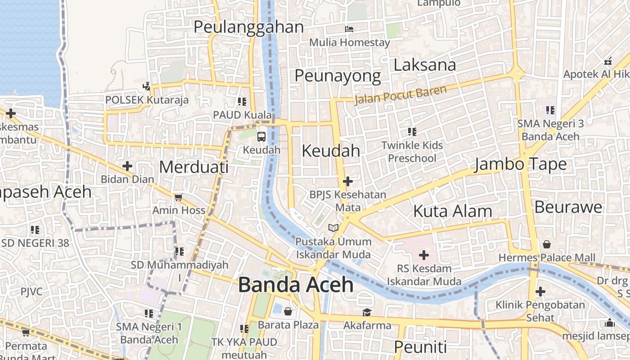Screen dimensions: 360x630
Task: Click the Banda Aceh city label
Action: coord(296,285)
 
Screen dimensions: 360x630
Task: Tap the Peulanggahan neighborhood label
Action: coord(248,27)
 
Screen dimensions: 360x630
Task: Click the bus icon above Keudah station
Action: coord(261,136)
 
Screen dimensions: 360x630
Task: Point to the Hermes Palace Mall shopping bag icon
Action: coord(547,244)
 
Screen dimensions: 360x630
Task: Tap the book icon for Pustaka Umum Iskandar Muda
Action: coord(333,228)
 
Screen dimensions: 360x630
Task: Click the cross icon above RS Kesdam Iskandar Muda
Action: coord(424,255)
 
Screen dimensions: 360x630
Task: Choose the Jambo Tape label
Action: coord(521,164)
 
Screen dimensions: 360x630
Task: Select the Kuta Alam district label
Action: coord(452,211)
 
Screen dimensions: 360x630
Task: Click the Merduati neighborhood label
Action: coord(193,167)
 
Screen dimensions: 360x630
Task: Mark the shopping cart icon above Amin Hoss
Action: coord(179,197)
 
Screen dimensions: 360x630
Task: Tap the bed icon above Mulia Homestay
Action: coord(349,29)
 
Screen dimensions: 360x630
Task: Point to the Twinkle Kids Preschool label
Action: coord(412,152)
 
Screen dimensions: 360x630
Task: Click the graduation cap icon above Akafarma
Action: coord(367,312)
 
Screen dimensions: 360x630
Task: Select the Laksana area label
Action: coord(424,65)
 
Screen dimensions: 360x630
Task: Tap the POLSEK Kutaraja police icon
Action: coord(147,86)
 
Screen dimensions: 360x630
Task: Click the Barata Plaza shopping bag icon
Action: coord(288,311)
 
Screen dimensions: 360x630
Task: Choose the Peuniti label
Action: coord(420,347)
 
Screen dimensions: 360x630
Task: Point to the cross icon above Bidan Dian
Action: coord(127,166)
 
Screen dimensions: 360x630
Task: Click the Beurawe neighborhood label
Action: coord(568,207)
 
